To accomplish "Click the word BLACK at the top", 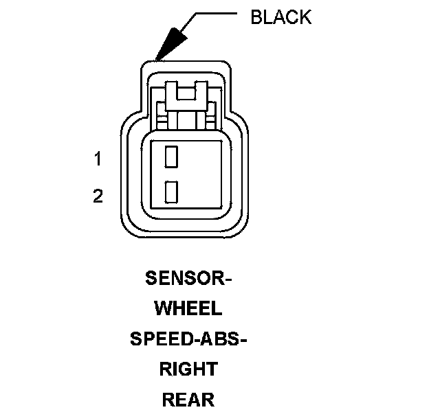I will (280, 17).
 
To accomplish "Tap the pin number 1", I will (98, 159).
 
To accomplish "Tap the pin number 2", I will (98, 196).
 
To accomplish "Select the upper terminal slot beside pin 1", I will (172, 156).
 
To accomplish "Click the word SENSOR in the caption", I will (184, 279).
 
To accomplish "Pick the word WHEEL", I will (188, 309).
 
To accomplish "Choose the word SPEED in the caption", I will (160, 339).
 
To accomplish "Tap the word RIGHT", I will (188, 369).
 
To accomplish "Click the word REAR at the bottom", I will (188, 400).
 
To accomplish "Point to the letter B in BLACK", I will (256, 17).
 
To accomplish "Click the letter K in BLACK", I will (305, 17).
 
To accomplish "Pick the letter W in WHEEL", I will (163, 309).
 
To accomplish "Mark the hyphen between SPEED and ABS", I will (196, 340).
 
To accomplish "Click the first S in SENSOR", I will (151, 279).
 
